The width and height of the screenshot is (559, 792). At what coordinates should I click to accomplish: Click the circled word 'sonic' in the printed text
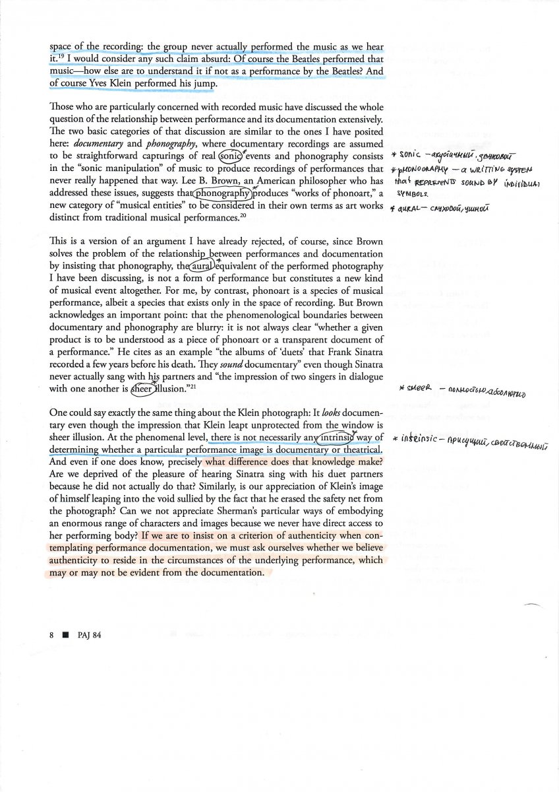(230, 156)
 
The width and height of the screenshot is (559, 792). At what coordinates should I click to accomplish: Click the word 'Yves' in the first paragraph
(99, 83)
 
